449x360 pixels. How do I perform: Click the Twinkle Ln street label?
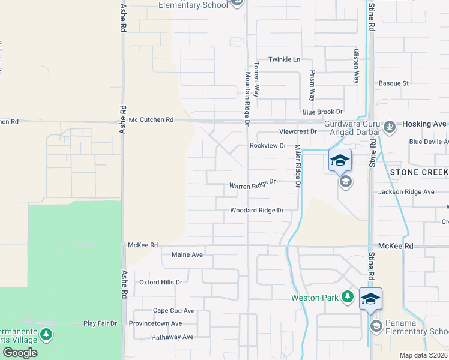pos(284,59)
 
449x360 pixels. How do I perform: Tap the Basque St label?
pos(393,83)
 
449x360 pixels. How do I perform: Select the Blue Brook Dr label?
pos(322,112)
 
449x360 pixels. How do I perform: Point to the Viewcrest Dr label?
pos(297,131)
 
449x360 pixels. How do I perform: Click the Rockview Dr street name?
pos(267,146)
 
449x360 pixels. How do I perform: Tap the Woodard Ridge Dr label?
pos(256,211)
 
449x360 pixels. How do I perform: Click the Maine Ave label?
pos(187,254)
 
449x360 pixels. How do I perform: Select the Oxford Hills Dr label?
pos(160,282)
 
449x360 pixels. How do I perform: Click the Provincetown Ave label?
pos(155,323)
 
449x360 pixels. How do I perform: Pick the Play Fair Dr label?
pos(100,323)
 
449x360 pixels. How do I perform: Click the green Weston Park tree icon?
pos(347,296)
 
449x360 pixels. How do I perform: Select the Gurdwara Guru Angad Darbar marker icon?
pos(390,126)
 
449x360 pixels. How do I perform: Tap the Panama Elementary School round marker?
pos(376,326)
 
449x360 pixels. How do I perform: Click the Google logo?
pos(20,353)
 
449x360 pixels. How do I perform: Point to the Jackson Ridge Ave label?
pos(406,192)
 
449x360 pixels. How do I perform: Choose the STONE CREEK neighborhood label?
pos(419,172)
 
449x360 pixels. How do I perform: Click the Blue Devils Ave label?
pos(428,142)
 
